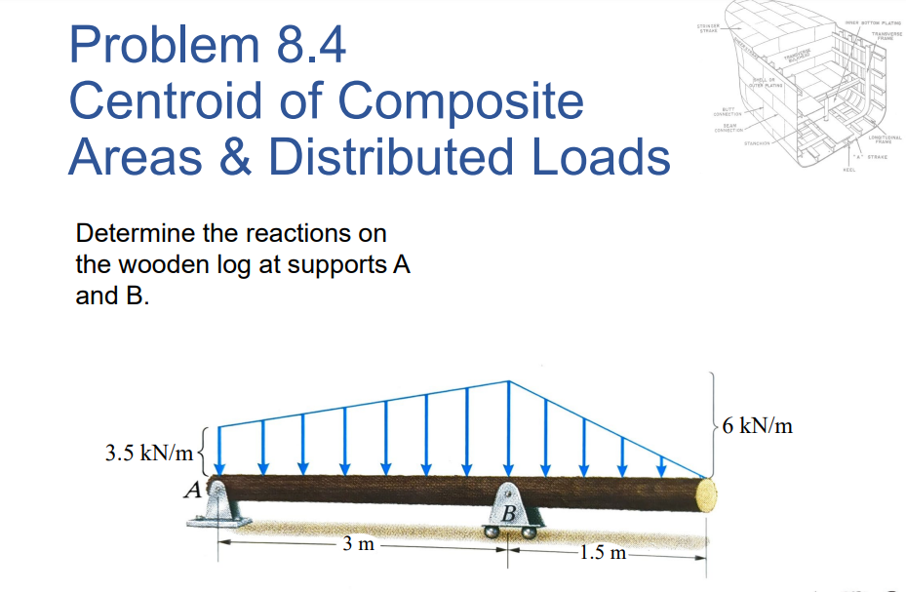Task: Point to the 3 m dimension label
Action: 359,545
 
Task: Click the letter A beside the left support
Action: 195,490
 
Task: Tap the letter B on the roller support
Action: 509,513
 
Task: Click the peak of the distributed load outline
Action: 508,380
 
